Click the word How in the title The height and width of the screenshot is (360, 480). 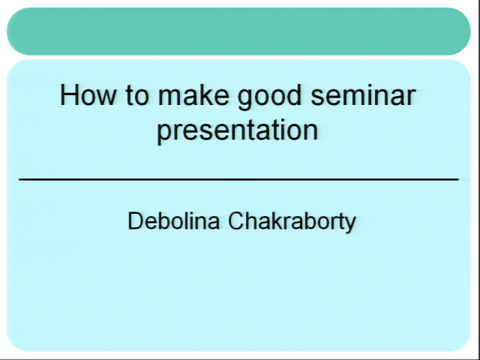(x=88, y=95)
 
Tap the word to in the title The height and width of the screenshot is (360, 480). (x=137, y=95)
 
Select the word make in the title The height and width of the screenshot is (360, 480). (x=193, y=95)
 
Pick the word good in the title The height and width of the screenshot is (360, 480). (x=269, y=97)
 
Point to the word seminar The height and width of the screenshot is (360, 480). (x=363, y=95)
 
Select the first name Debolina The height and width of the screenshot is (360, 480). (x=173, y=220)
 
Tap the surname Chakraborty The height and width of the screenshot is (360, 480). (x=292, y=222)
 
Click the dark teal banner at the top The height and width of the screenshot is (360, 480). (x=238, y=31)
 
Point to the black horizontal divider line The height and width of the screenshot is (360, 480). (x=238, y=179)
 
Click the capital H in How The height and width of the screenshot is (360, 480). (x=68, y=95)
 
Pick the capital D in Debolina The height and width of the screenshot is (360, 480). (x=136, y=220)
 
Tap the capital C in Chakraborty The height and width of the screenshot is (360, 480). (x=237, y=220)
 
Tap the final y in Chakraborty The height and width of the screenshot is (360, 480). (x=350, y=225)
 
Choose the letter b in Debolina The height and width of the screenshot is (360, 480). (x=165, y=220)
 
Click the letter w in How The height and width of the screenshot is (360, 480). (x=106, y=98)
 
